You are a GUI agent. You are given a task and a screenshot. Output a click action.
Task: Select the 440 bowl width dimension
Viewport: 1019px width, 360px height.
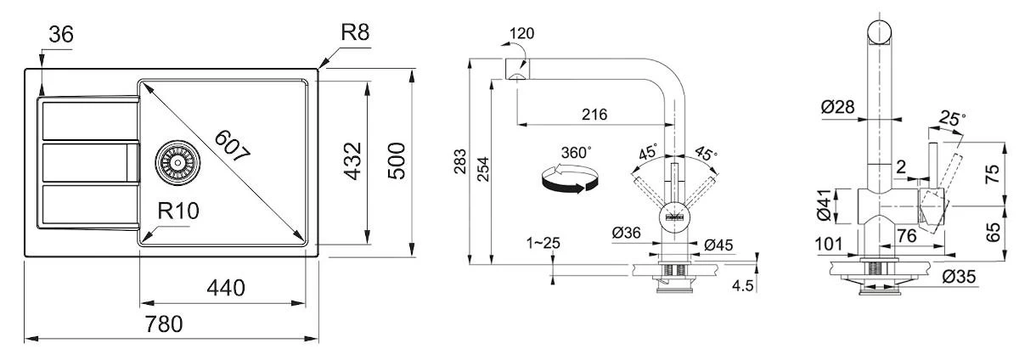click(x=225, y=288)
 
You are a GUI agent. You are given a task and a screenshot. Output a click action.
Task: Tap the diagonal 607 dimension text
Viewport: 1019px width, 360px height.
click(x=232, y=147)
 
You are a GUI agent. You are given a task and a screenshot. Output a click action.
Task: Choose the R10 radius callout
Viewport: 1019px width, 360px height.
click(x=177, y=211)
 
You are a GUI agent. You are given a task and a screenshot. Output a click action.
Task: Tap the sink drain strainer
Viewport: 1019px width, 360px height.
click(x=177, y=160)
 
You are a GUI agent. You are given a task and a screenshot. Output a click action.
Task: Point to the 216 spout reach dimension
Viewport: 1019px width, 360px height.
click(x=594, y=115)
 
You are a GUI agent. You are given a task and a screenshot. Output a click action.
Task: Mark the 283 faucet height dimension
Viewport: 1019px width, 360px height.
click(x=459, y=161)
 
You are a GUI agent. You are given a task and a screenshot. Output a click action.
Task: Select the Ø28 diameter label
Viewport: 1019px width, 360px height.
click(x=837, y=107)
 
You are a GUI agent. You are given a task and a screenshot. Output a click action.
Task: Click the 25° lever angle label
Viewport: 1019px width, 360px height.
click(x=951, y=119)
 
